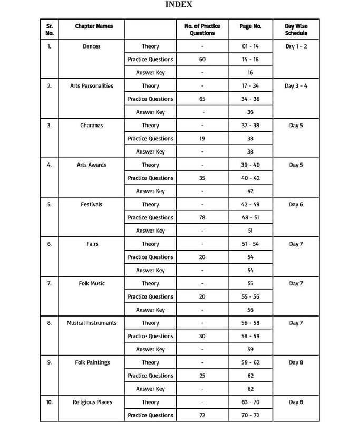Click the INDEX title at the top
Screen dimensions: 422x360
pos(179,5)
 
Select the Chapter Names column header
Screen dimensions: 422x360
pos(94,26)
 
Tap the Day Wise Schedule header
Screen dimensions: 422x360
pos(296,30)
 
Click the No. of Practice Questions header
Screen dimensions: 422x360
pos(202,30)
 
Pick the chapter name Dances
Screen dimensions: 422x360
pos(92,46)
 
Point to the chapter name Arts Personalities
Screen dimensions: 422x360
pos(92,86)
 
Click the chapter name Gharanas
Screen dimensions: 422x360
pos(92,126)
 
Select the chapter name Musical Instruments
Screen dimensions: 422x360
pos(92,323)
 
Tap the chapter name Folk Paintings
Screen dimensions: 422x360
pos(92,362)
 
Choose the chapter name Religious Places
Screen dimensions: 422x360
pos(92,402)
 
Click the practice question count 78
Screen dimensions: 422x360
pos(202,217)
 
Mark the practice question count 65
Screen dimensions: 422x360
pos(202,99)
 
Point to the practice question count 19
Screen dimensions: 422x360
pos(202,138)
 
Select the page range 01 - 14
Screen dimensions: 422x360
pos(250,46)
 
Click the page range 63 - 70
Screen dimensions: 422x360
pos(250,402)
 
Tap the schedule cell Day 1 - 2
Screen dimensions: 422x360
pos(296,46)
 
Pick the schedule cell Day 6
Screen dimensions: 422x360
pos(296,204)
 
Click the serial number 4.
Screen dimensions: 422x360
pos(50,165)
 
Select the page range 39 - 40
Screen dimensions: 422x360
pos(250,165)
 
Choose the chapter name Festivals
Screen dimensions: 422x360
pos(92,204)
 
